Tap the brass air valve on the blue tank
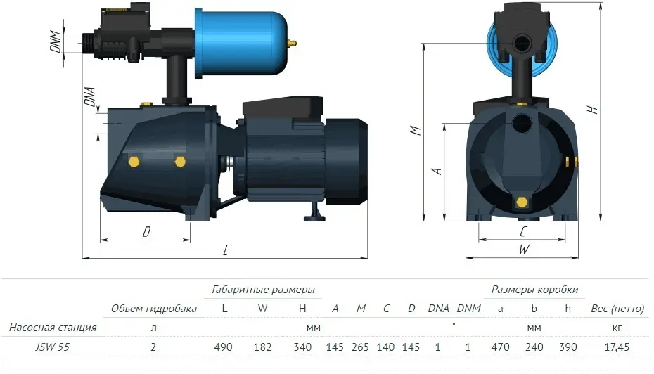tap(293, 42)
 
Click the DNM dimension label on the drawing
tap(56, 41)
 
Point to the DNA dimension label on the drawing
tap(90, 96)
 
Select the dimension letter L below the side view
tap(225, 250)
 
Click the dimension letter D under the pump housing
tap(146, 232)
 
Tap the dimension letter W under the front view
tap(524, 250)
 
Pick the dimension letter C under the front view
tap(523, 231)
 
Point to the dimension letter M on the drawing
tap(416, 131)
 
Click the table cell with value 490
tap(223, 347)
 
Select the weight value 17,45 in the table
tap(617, 347)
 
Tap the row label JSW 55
tap(52, 347)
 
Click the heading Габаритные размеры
tap(263, 290)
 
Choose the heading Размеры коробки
tap(534, 290)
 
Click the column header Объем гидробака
tap(154, 309)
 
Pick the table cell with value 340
tap(302, 347)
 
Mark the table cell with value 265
tap(360, 347)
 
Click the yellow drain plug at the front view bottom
tap(521, 202)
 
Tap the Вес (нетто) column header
tap(617, 309)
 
